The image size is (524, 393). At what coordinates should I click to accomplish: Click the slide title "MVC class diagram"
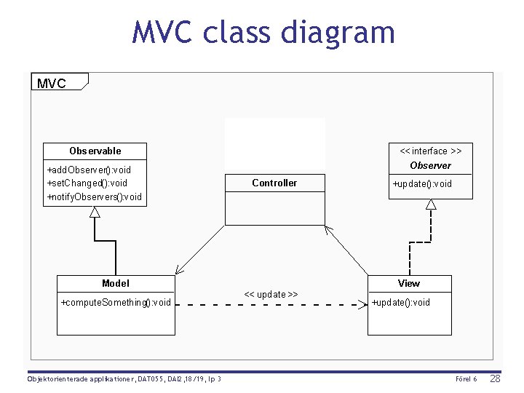263,33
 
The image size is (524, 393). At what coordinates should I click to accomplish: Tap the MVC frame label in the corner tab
51,83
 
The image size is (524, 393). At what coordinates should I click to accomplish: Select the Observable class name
95,151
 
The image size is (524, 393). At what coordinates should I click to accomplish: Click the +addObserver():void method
89,170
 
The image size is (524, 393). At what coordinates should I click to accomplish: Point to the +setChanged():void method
87,183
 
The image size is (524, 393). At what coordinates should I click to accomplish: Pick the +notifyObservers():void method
95,196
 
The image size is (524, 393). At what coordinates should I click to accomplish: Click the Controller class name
274,183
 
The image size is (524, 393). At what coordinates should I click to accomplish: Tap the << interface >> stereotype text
430,151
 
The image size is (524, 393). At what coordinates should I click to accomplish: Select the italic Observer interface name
430,165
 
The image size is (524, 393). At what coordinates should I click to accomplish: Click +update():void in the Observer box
422,183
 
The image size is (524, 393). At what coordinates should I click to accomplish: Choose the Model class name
116,283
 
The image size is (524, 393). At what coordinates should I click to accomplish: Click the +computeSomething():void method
116,302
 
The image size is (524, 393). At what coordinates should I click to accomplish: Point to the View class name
409,283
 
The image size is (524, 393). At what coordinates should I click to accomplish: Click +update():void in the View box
400,302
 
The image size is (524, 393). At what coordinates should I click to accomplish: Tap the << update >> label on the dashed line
271,294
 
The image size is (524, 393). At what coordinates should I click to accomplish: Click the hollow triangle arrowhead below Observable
95,212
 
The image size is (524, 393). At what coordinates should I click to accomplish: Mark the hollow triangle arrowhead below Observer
431,205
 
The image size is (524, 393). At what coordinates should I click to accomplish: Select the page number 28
495,379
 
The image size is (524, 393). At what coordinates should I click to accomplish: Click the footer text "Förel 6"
466,379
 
